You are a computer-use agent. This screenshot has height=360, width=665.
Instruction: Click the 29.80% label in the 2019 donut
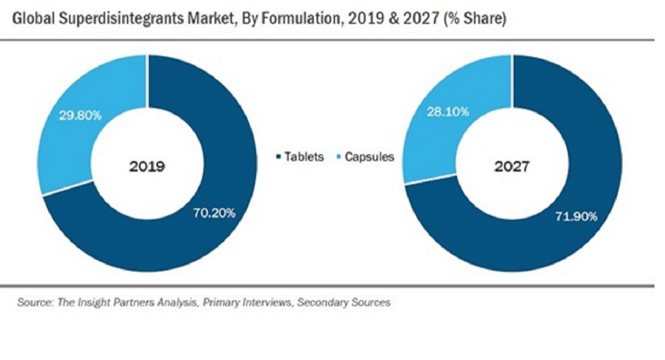pyautogui.click(x=80, y=115)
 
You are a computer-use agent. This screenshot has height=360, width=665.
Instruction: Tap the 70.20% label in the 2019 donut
pyautogui.click(x=215, y=212)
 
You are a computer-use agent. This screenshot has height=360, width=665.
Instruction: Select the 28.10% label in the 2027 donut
pyautogui.click(x=448, y=112)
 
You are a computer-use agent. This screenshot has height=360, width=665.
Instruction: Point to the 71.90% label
pyautogui.click(x=576, y=217)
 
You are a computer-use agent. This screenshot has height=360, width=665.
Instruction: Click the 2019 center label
pyautogui.click(x=147, y=166)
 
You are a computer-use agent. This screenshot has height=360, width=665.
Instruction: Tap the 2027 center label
pyautogui.click(x=512, y=166)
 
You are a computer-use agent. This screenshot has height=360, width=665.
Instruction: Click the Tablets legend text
pyautogui.click(x=304, y=157)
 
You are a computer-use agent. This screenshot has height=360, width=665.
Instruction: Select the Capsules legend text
pyautogui.click(x=369, y=157)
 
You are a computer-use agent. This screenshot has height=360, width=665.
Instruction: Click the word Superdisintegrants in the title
pyautogui.click(x=119, y=19)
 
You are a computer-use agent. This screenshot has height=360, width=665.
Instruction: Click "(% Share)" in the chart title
pyautogui.click(x=475, y=19)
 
